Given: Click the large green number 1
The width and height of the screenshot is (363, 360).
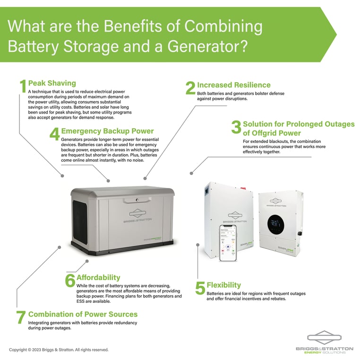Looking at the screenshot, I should coord(22,86).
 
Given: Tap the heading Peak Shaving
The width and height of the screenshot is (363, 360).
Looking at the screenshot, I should coord(52,83).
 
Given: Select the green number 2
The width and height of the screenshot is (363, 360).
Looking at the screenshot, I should coord(190,88).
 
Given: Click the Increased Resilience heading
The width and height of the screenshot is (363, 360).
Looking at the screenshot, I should coord(233,85).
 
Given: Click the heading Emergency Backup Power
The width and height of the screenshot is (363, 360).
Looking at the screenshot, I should coord(107,131).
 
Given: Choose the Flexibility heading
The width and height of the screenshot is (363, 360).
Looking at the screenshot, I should coord(224,285).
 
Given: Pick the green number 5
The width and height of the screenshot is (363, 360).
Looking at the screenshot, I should coord(200,288).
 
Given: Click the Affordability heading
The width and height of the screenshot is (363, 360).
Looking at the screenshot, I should coord(98,277).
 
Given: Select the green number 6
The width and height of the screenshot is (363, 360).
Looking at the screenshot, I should coord(70,280).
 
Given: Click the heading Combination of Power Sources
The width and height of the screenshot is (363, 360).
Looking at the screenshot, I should coord(83,314).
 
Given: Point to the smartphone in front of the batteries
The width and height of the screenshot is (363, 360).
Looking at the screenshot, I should coord(228,243).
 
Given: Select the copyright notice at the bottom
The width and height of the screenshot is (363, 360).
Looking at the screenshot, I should coord(59,350).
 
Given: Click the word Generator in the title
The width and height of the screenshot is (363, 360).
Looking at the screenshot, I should coord(202,46).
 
